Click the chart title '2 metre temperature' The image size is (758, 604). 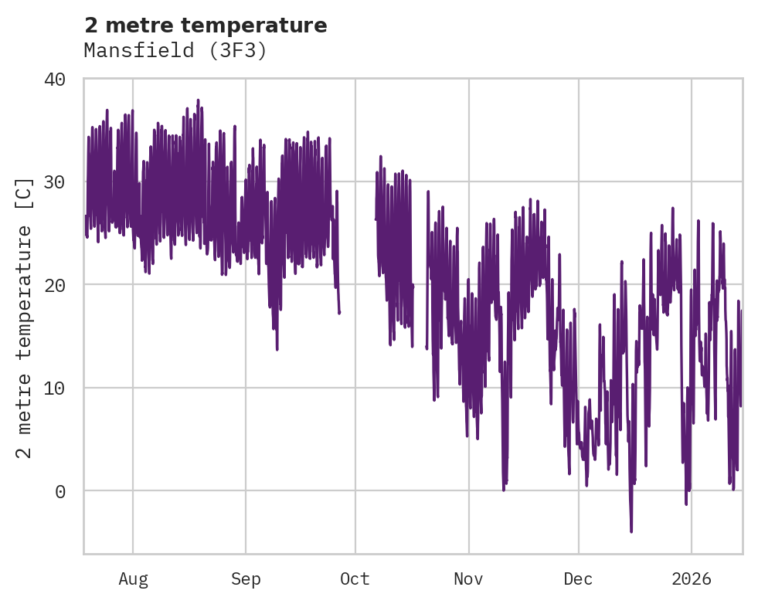(x=206, y=25)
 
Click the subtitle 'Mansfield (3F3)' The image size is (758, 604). (x=175, y=51)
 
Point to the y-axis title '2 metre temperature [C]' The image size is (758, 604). (x=25, y=317)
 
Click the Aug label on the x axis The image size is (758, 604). (x=133, y=579)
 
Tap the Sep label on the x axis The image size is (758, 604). (x=246, y=579)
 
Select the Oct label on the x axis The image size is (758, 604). (x=355, y=579)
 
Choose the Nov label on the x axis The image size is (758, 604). (x=468, y=579)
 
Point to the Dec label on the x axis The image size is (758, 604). (x=578, y=579)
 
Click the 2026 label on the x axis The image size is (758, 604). (x=692, y=579)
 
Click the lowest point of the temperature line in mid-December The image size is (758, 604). (x=631, y=531)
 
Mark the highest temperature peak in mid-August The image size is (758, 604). (x=198, y=100)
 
